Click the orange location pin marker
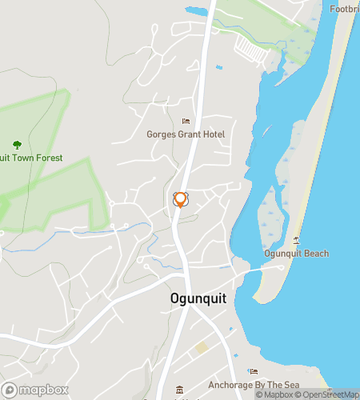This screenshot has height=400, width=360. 181,199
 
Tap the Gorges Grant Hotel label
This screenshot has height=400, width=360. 186,134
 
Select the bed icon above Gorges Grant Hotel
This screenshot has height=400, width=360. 186,122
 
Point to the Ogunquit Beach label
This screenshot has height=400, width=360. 296,254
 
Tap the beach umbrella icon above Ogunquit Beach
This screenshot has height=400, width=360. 296,241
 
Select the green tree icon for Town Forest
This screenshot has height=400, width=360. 17,145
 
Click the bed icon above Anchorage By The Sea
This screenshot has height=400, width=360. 254,371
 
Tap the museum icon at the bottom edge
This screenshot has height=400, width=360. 179,390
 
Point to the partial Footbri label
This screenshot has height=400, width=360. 344,10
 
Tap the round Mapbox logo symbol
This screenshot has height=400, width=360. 10,390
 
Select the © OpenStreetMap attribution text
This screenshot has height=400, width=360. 327,394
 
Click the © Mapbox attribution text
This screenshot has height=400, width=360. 274,394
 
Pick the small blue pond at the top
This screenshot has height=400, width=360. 196,11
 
